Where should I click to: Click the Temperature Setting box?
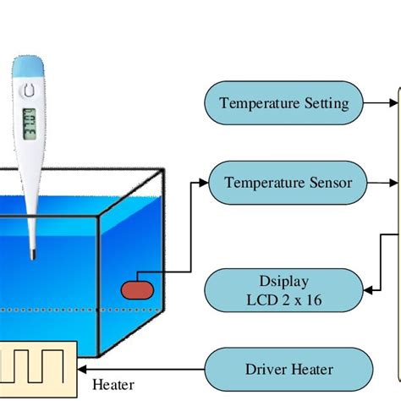[x=283, y=104]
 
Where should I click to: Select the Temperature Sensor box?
[x=287, y=182]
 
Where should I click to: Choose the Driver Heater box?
[x=288, y=369]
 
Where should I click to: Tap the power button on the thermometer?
[x=30, y=87]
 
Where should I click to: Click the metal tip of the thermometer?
[x=30, y=251]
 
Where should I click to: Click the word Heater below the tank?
[x=113, y=386]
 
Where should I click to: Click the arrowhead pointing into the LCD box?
[x=369, y=290]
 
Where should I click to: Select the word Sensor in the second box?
[x=328, y=182]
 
